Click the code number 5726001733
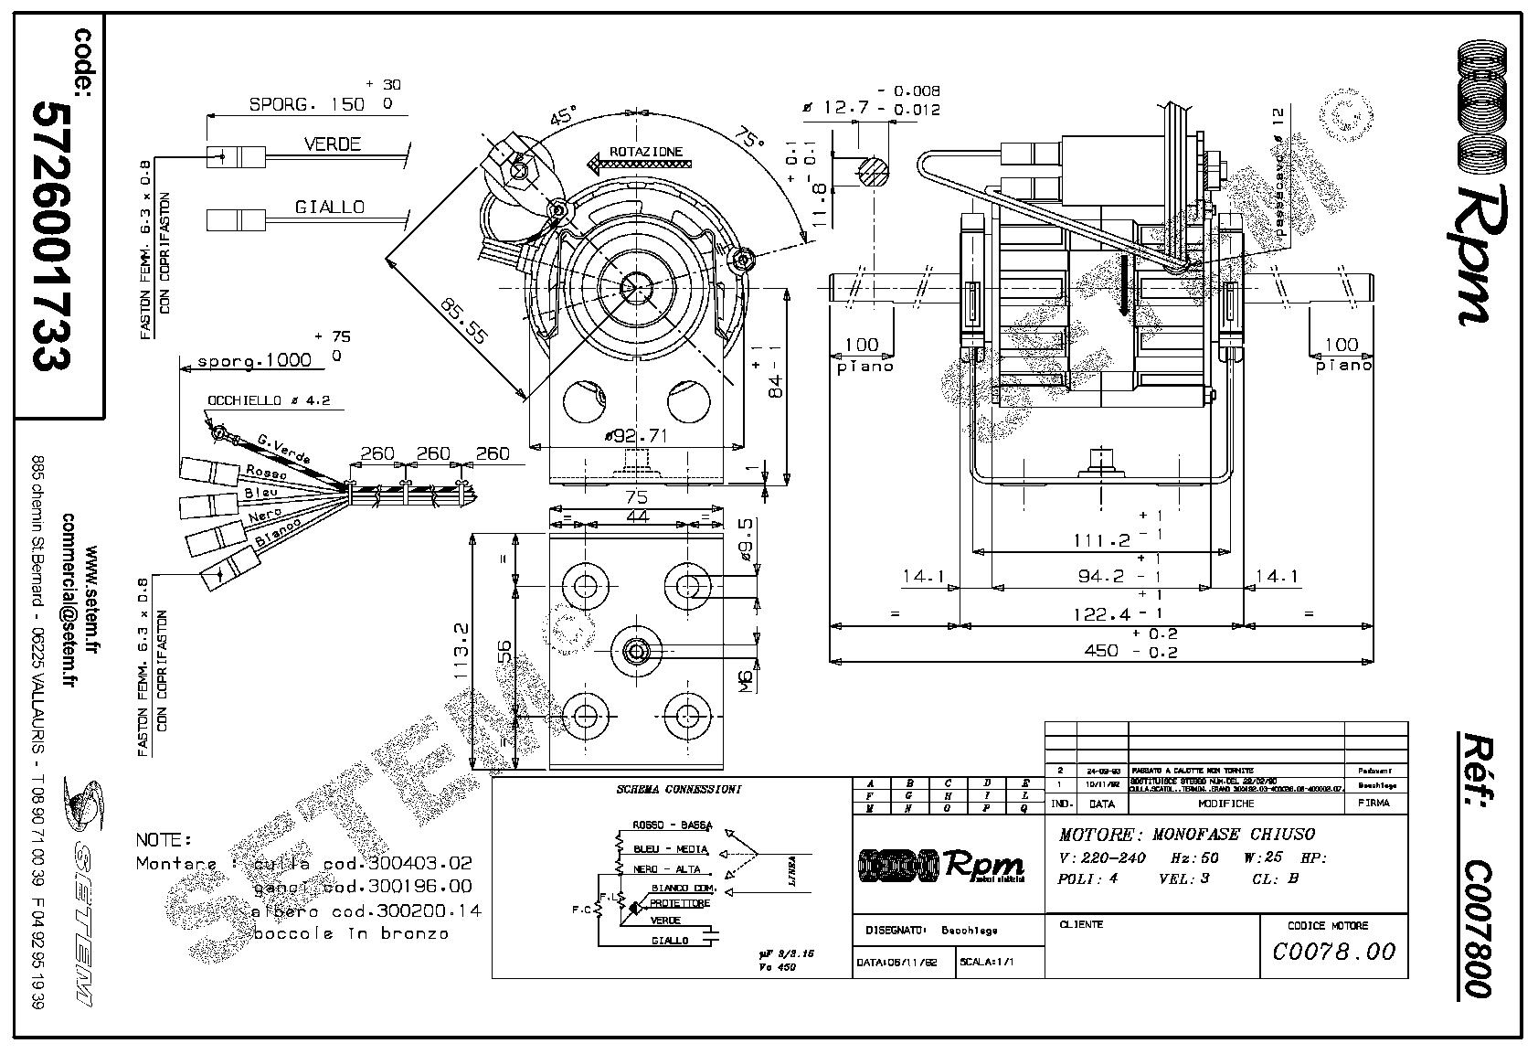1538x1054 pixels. point(52,235)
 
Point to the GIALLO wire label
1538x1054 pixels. point(329,208)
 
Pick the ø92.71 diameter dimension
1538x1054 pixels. point(636,436)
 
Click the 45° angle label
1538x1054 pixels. point(564,118)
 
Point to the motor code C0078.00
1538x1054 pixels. point(1334,952)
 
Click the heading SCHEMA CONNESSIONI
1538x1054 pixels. point(679,789)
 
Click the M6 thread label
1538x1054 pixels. point(746,678)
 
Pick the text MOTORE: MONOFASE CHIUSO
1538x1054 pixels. point(1186,834)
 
